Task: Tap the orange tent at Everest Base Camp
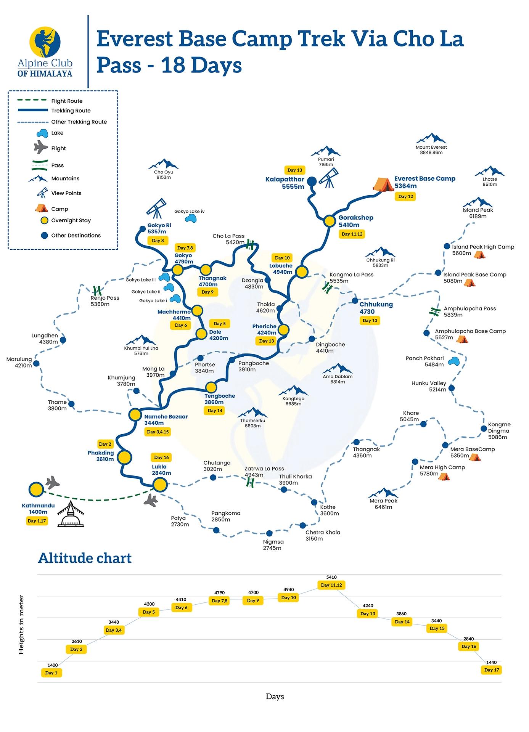tap(383, 185)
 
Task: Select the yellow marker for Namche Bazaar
tap(135, 414)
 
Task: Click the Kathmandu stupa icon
tap(70, 515)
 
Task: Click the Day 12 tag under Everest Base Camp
tap(405, 197)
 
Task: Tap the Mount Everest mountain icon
tap(431, 138)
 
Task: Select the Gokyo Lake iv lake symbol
tap(191, 218)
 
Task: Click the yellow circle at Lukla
tap(160, 485)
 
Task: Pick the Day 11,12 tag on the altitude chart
tap(331, 585)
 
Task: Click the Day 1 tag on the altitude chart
tap(51, 673)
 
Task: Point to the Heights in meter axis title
tap(21, 625)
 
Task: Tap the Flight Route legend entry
tap(67, 101)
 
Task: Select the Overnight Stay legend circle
tap(45, 220)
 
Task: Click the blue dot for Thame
tap(71, 404)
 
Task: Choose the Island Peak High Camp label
tap(483, 247)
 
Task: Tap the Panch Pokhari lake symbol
tap(453, 361)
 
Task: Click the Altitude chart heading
tap(85, 558)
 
